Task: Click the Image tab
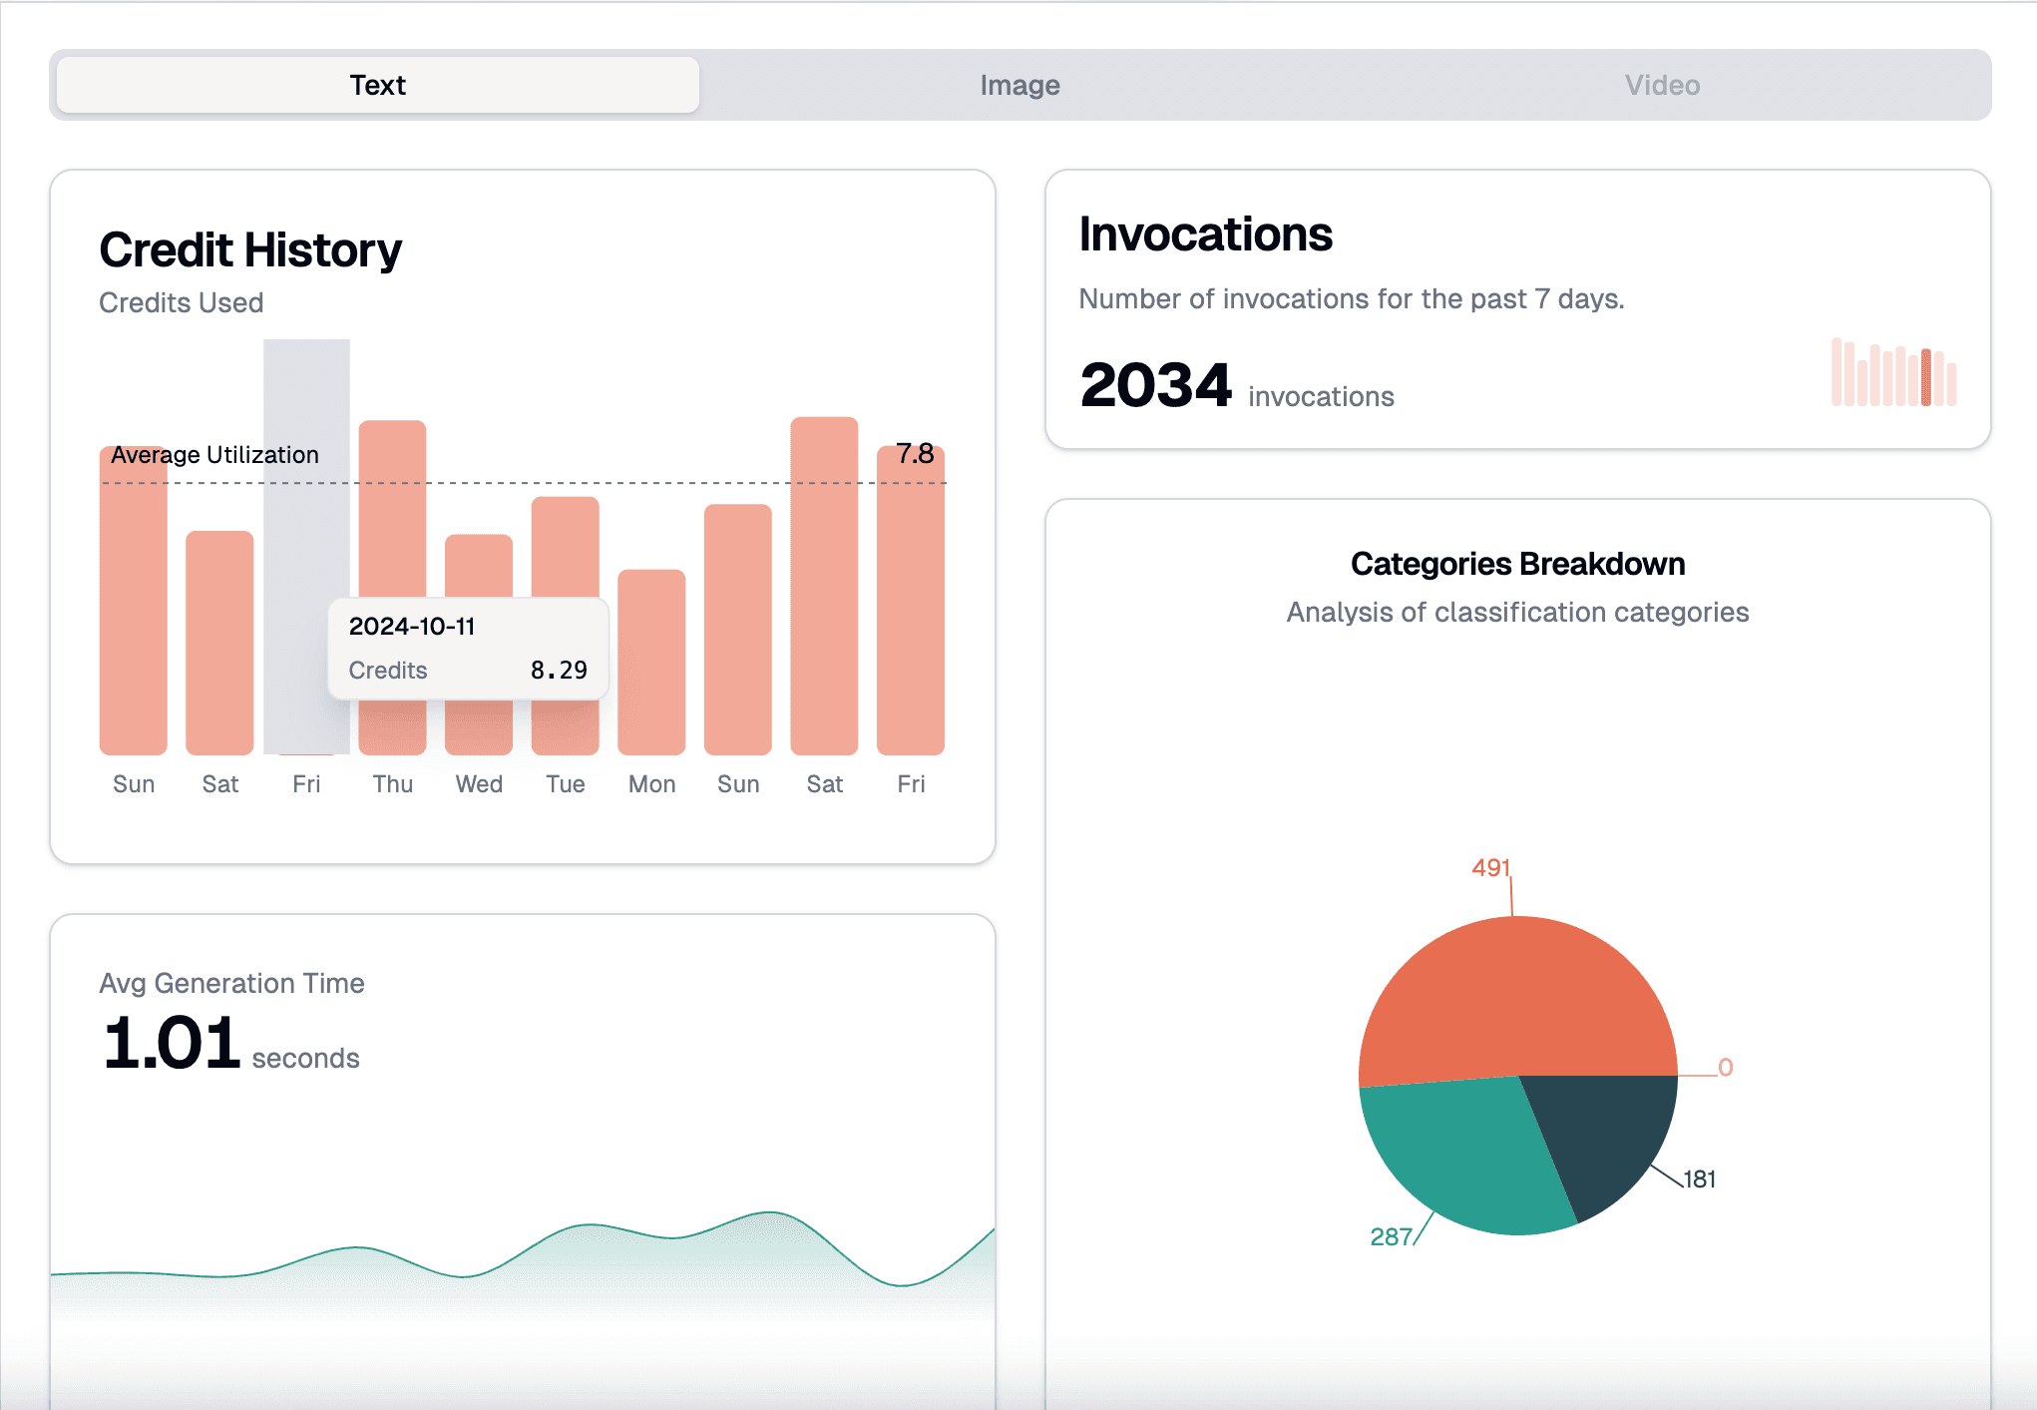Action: (x=1019, y=86)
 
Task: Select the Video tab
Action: (x=1662, y=86)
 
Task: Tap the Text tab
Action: (x=378, y=86)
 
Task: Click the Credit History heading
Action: (x=250, y=250)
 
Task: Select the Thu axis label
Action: (x=393, y=784)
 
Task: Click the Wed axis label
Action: (x=479, y=784)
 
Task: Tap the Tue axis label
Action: (x=566, y=784)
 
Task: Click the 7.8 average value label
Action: (x=915, y=454)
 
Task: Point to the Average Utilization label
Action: (x=214, y=455)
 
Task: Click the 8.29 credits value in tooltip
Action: (x=559, y=671)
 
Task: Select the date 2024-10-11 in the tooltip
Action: (x=412, y=627)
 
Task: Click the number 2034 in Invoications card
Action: (x=1156, y=385)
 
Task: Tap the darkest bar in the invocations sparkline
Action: (x=1926, y=377)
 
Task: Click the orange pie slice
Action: (x=1516, y=998)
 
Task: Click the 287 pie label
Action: (x=1391, y=1237)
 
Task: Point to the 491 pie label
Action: (x=1490, y=868)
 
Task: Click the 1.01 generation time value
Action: (x=172, y=1044)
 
